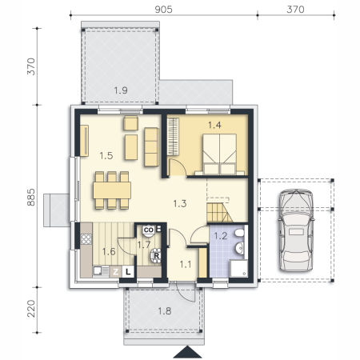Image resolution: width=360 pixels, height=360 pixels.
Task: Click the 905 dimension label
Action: click(163, 10)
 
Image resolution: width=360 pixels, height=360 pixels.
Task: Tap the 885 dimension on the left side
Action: click(31, 197)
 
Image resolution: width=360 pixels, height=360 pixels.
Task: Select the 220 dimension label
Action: click(31, 309)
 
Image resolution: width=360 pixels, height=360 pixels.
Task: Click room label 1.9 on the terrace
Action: click(121, 90)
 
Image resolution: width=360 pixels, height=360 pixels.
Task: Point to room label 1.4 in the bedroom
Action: click(214, 125)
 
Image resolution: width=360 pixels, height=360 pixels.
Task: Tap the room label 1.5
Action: click(106, 155)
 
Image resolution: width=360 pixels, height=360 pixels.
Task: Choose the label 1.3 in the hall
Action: click(180, 204)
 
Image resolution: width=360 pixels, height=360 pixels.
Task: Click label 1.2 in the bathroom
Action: click(221, 236)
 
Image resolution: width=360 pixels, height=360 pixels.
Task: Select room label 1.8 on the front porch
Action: click(165, 311)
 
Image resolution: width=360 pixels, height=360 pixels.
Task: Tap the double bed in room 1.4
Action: click(219, 154)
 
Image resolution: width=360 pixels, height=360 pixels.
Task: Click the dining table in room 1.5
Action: click(112, 190)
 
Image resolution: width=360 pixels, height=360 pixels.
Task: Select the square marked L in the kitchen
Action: click(128, 272)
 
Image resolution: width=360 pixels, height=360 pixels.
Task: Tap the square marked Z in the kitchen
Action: click(115, 272)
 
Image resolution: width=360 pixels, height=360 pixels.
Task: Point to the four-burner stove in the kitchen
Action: click(86, 239)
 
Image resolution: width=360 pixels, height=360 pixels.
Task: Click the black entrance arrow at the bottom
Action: click(187, 352)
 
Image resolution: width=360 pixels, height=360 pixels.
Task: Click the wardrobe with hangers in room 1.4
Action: click(173, 137)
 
